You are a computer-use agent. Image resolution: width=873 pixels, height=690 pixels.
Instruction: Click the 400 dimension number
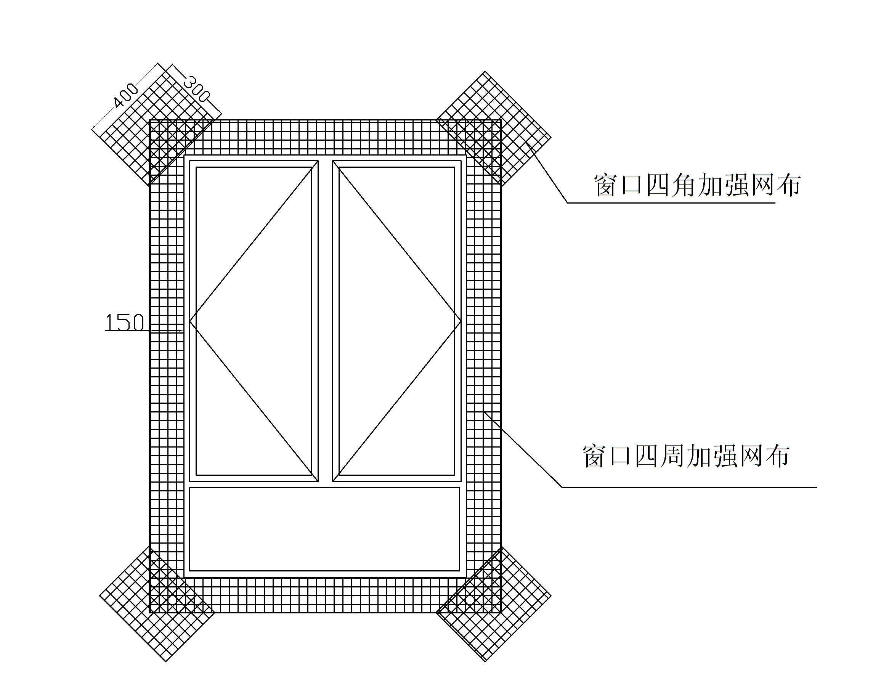[x=126, y=96]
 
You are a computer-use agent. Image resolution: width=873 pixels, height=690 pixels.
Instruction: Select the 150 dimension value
[x=124, y=323]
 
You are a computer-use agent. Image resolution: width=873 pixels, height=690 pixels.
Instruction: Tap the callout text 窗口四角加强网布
[x=697, y=185]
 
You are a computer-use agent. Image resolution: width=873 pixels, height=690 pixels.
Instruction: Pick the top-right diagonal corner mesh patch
[x=494, y=128]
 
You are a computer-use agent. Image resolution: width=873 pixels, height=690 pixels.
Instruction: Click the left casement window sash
[x=254, y=321]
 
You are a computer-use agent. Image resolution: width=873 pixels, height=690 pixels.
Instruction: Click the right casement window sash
[x=397, y=321]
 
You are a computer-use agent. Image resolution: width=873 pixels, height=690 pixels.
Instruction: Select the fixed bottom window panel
[x=325, y=529]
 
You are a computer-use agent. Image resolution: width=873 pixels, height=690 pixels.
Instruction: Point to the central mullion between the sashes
[x=325, y=321]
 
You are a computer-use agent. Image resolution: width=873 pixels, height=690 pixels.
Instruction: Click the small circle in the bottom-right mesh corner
[x=469, y=600]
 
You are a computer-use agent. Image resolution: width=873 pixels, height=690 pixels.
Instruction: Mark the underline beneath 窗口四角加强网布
[x=671, y=202]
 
